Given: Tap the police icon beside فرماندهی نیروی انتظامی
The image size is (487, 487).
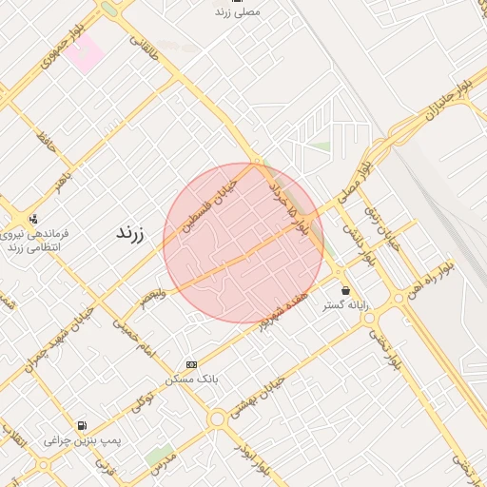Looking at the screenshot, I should pyautogui.click(x=33, y=218).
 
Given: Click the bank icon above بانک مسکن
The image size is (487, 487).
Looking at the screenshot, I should pyautogui.click(x=192, y=364).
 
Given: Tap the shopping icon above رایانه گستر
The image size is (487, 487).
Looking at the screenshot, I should pyautogui.click(x=344, y=289).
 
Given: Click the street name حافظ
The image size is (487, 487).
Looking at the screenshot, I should pyautogui.click(x=46, y=142).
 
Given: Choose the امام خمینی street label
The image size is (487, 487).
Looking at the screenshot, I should pyautogui.click(x=133, y=337).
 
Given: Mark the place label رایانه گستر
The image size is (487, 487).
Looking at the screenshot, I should pyautogui.click(x=344, y=306).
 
